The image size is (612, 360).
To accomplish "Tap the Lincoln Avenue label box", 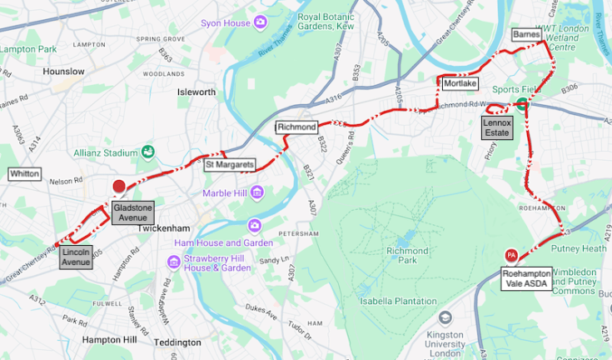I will tap(76, 257).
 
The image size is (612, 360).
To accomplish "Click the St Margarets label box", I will tap(230, 165).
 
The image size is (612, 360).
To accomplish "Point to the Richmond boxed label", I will tap(297, 127).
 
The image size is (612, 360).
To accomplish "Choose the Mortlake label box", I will tap(460, 84).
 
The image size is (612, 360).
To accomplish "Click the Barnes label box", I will tap(526, 35).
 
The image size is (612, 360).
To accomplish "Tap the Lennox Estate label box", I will tap(498, 127).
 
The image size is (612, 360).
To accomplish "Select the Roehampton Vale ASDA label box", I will tap(528, 277).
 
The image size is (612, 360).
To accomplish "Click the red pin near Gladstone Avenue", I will tap(119, 187).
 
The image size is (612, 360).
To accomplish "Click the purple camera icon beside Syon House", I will tap(261, 21).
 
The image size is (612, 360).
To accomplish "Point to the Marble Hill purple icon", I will tap(257, 194).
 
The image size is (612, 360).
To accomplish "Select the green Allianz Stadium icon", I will tap(147, 152).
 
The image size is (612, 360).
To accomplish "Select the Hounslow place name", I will tap(64, 72).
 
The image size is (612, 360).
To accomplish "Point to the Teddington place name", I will tap(177, 342).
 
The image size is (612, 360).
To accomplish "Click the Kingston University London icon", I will tap(445, 318).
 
